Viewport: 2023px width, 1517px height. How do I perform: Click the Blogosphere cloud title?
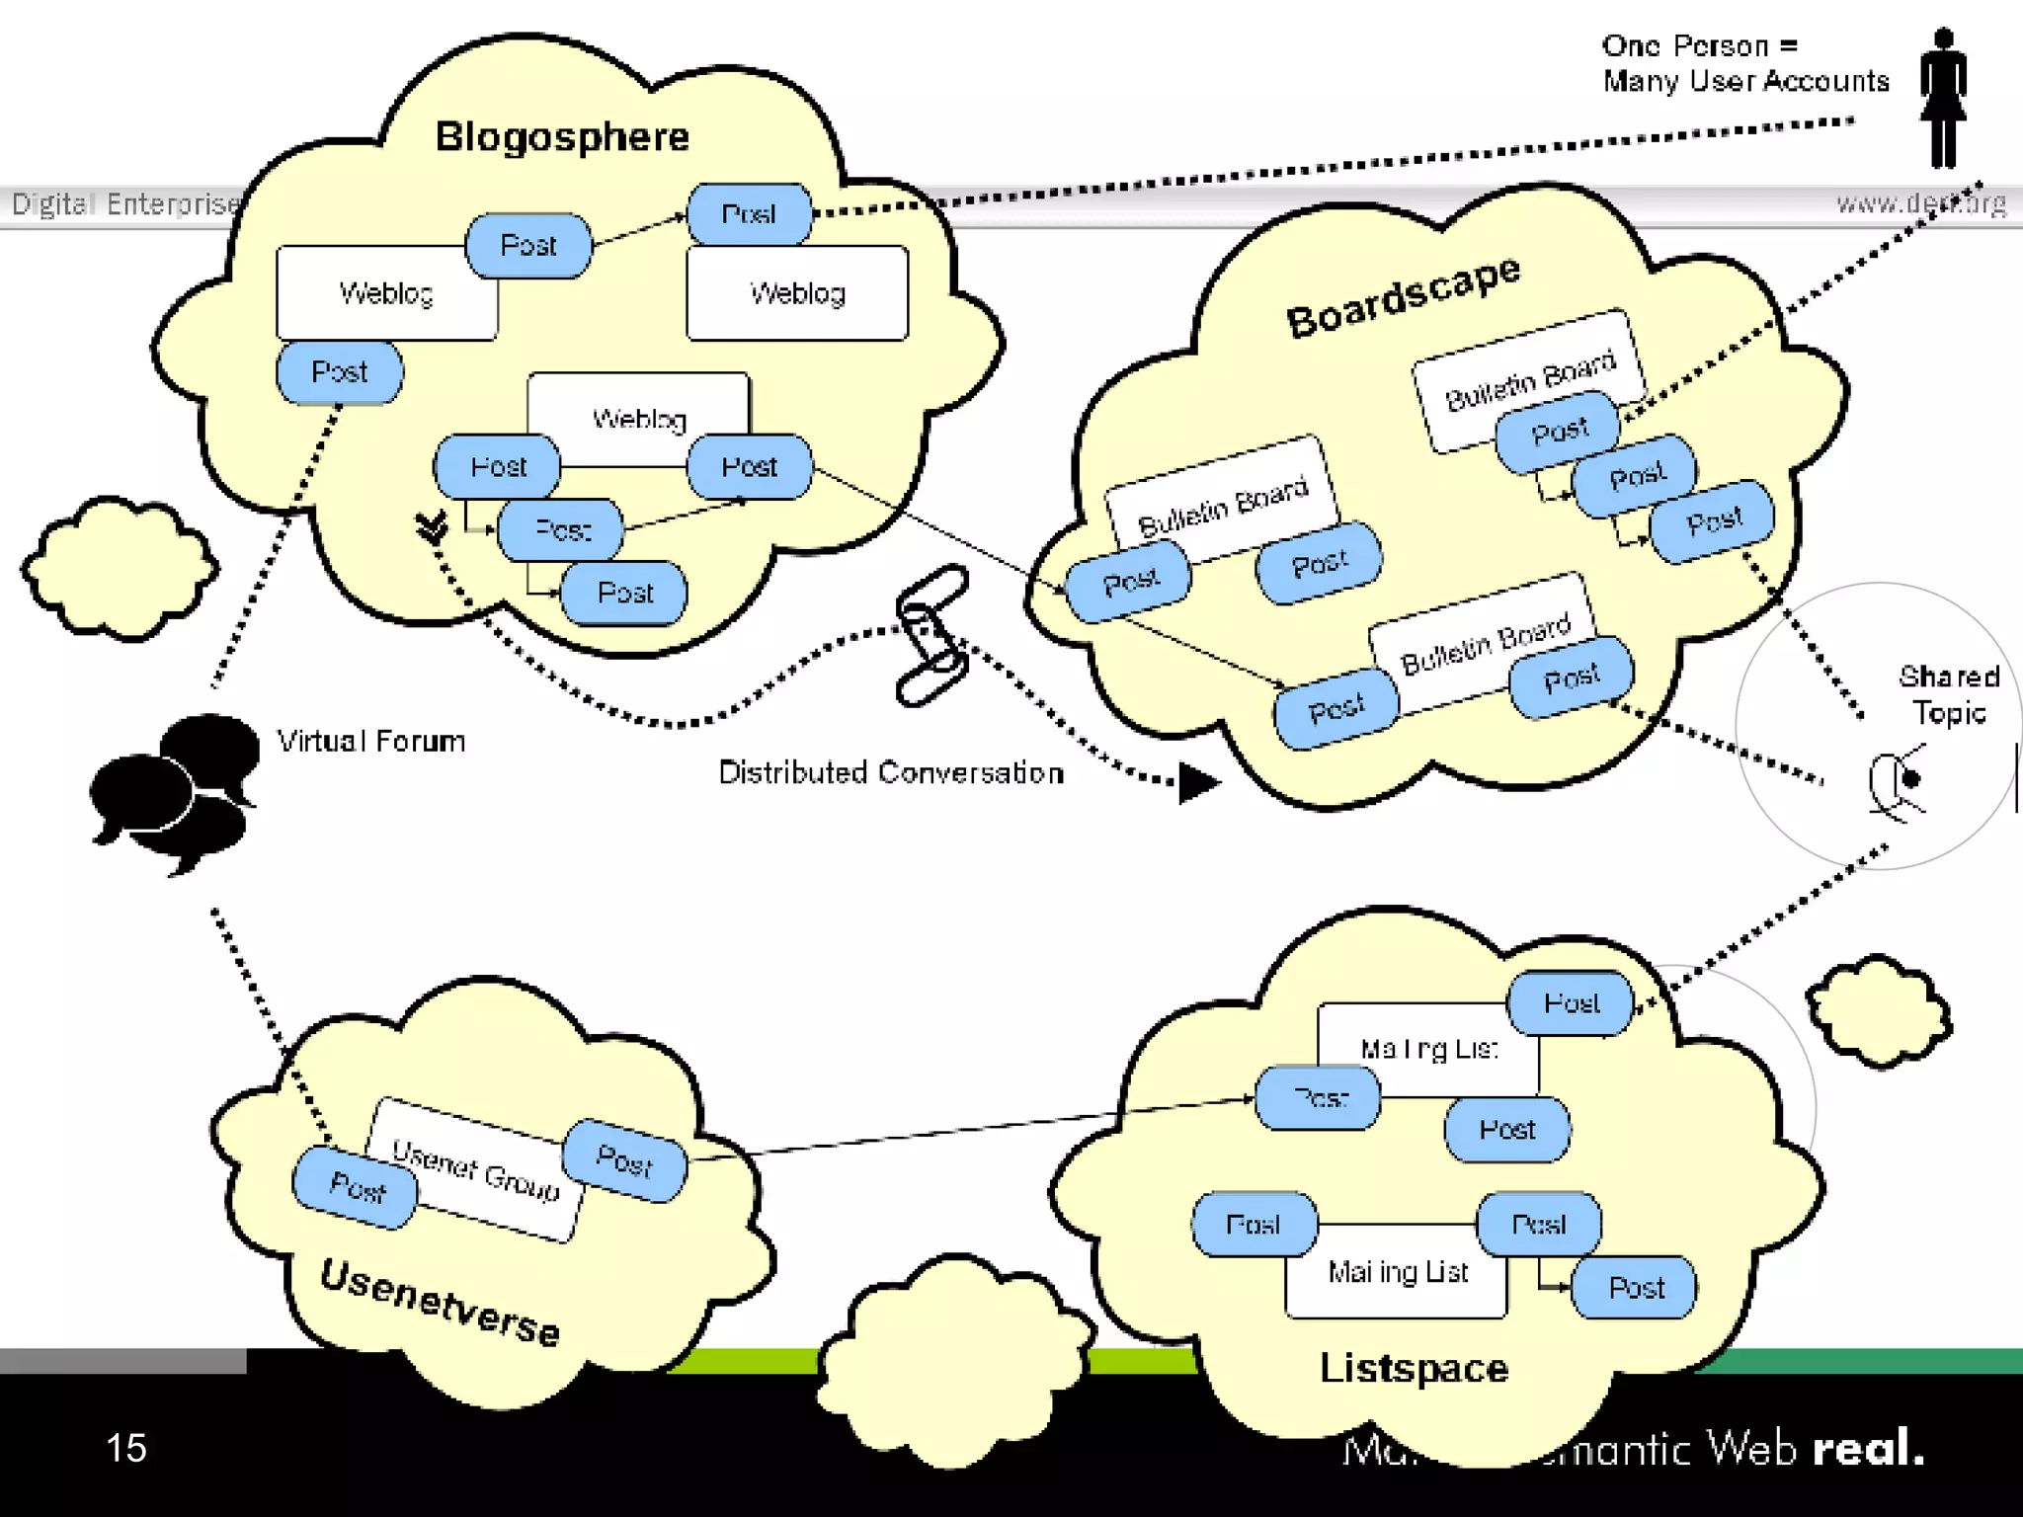[x=562, y=136]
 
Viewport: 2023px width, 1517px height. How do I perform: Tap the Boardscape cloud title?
[x=1403, y=295]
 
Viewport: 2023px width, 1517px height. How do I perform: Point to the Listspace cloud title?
[x=1414, y=1368]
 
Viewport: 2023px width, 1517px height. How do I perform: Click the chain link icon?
[x=931, y=635]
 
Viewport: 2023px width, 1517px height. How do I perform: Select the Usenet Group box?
[x=475, y=1168]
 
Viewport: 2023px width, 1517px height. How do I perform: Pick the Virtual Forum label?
[x=370, y=741]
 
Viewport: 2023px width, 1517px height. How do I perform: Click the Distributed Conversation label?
[x=890, y=772]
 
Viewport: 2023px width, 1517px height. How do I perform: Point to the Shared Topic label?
[x=1948, y=694]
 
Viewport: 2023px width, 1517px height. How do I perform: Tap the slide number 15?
[x=126, y=1448]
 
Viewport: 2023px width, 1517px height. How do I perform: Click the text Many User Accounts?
[x=1745, y=81]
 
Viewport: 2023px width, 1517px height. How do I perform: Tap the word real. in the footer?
[x=1868, y=1448]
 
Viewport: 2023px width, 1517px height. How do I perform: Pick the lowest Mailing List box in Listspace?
[x=1397, y=1272]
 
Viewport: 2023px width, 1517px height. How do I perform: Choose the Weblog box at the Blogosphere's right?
[x=797, y=293]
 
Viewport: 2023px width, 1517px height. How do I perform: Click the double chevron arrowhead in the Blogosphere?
[x=432, y=527]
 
